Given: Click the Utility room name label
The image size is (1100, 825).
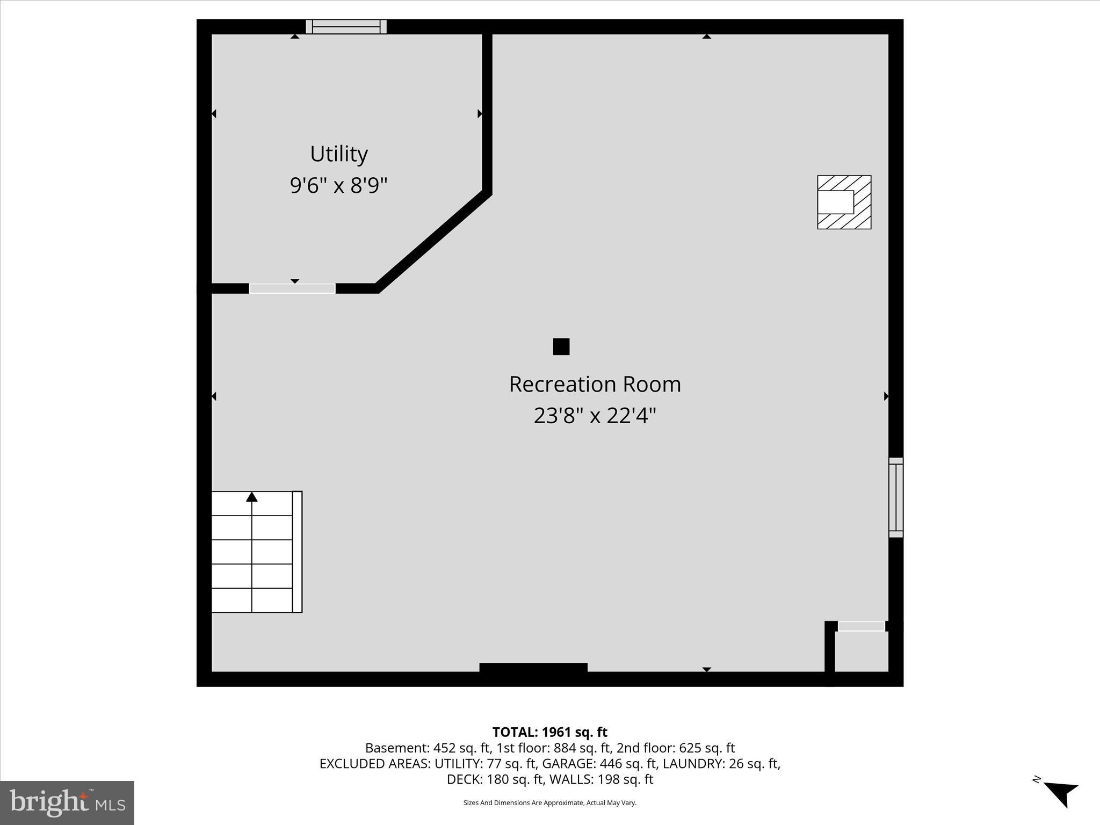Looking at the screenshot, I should click(x=339, y=154).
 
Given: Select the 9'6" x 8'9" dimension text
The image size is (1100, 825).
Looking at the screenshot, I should click(x=338, y=186).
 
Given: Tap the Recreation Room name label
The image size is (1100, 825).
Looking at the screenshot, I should click(x=595, y=384).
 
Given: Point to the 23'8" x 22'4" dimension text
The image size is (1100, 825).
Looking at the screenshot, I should click(x=595, y=415).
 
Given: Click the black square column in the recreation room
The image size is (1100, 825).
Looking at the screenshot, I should click(x=561, y=346).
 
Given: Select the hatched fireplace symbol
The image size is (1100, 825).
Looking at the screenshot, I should click(x=844, y=202).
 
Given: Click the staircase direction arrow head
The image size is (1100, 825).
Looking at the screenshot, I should click(x=251, y=497).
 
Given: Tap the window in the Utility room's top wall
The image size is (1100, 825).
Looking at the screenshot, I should click(x=346, y=26).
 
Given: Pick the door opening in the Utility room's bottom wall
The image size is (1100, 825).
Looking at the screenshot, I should click(x=292, y=288).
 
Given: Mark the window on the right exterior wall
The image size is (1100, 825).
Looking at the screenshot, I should click(x=895, y=497).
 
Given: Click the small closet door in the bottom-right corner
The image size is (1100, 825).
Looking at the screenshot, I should click(x=861, y=626).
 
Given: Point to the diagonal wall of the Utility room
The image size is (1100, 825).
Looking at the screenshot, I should click(x=433, y=241).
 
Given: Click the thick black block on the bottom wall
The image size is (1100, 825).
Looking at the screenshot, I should click(x=533, y=668).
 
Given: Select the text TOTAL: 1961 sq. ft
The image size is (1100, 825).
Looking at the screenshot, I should click(x=549, y=732).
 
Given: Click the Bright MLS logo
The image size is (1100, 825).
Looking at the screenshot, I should click(x=67, y=802).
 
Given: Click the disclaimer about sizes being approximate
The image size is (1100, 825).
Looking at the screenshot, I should click(x=549, y=803).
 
